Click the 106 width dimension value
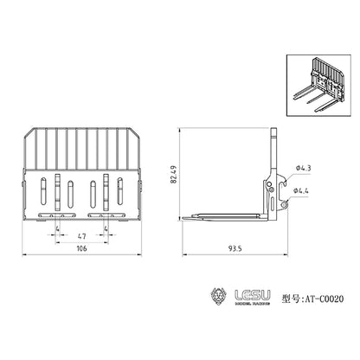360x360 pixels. click(81, 248)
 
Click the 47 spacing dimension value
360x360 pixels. click(82, 236)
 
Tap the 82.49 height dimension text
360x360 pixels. click(173, 175)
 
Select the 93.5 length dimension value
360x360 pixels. click(235, 248)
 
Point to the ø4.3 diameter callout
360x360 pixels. click(304, 168)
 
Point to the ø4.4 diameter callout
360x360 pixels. click(301, 190)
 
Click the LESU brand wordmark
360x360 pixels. click(253, 295)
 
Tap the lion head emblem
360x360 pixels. click(219, 297)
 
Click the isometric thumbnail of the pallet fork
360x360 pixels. click(318, 86)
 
